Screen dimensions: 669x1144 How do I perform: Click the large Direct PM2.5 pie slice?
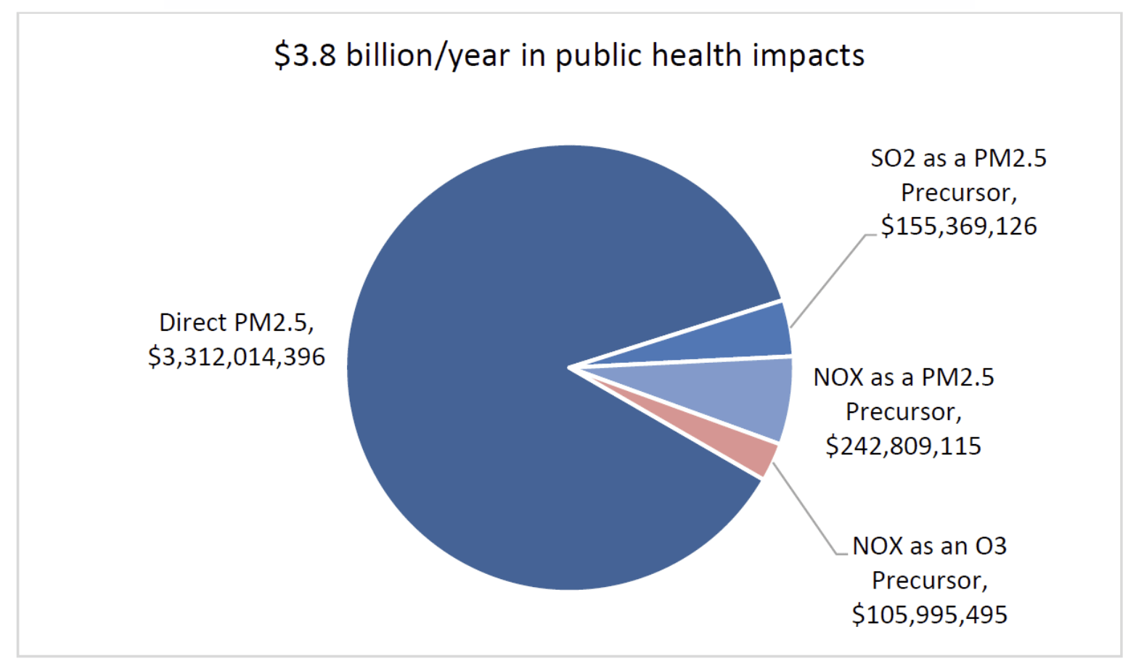472,363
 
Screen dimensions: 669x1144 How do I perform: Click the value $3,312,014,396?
237,357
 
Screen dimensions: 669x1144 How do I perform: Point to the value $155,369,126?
959,226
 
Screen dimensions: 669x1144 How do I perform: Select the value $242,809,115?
903,446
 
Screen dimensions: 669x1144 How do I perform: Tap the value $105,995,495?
929,615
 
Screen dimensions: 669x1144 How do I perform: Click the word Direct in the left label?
192,322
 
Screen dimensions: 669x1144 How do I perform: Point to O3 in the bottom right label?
990,546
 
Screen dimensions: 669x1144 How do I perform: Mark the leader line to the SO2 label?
828,282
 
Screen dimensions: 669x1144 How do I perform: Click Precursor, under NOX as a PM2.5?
903,411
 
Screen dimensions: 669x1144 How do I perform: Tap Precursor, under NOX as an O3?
929,580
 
